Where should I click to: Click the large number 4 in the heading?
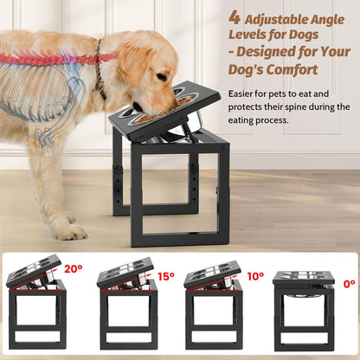click(234, 16)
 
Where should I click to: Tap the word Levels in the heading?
click(251, 35)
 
